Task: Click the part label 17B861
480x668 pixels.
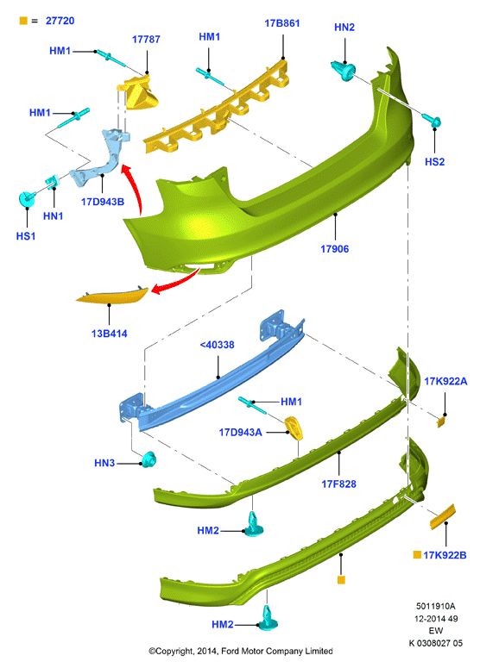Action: click(282, 23)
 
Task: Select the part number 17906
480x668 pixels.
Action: click(334, 249)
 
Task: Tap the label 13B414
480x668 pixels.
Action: click(110, 334)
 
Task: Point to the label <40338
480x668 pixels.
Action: click(218, 345)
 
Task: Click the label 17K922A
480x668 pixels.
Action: click(445, 381)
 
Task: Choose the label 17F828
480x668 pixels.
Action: click(338, 484)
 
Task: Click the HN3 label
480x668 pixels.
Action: click(104, 463)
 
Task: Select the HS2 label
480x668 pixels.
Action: click(435, 162)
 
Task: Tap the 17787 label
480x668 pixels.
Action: click(146, 40)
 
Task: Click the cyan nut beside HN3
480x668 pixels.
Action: click(148, 459)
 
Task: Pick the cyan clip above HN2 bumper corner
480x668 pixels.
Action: click(344, 70)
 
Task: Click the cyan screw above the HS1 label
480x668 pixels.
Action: click(27, 198)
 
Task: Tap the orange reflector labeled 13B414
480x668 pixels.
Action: click(111, 296)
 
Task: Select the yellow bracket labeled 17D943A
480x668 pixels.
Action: click(294, 428)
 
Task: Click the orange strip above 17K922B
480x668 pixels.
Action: click(443, 516)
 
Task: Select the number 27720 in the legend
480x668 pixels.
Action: click(60, 21)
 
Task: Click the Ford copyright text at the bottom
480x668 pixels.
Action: click(241, 651)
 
